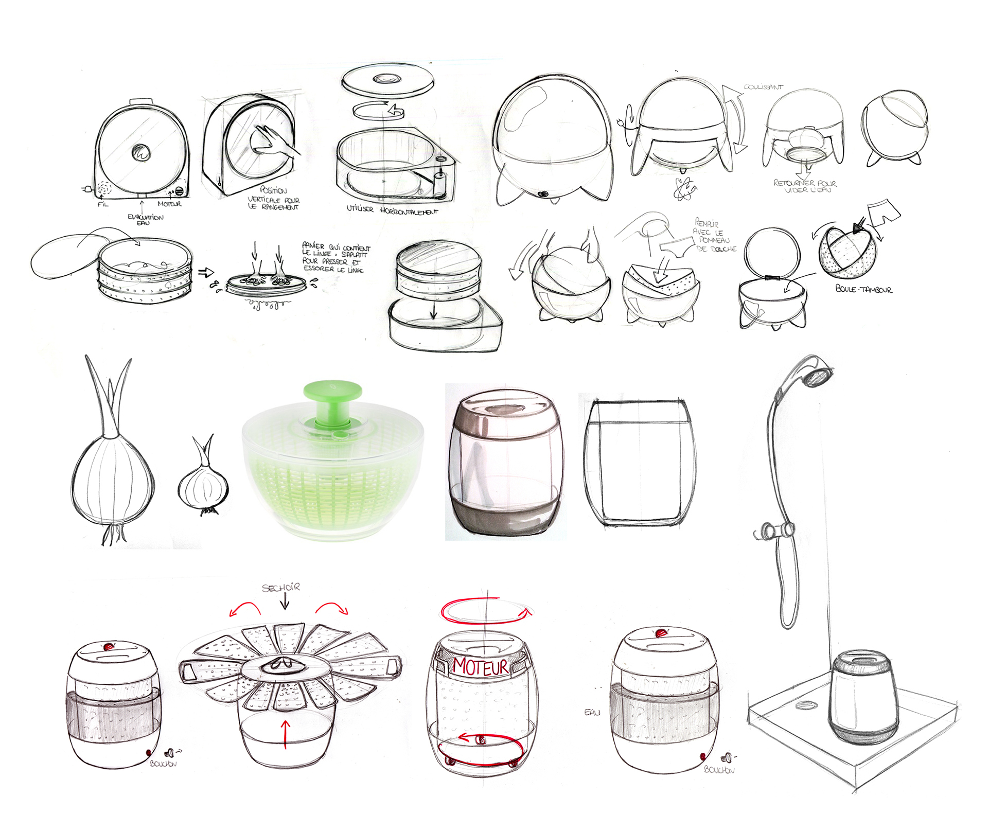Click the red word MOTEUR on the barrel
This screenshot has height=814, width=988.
click(481, 667)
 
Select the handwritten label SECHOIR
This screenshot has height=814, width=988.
click(281, 588)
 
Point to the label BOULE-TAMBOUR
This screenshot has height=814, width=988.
click(864, 289)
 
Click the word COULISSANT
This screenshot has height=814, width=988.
click(763, 87)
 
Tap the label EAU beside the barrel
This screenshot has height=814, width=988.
click(592, 712)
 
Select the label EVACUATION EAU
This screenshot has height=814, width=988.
click(145, 220)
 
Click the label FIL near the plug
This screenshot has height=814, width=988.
click(103, 204)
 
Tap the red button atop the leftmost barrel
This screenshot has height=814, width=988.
click(109, 646)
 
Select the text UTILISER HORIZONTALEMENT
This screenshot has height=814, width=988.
click(392, 210)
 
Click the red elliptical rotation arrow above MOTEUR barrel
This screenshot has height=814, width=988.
click(484, 611)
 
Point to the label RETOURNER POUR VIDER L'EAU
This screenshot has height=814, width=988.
click(805, 186)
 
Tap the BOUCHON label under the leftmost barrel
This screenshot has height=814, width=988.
click(163, 764)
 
